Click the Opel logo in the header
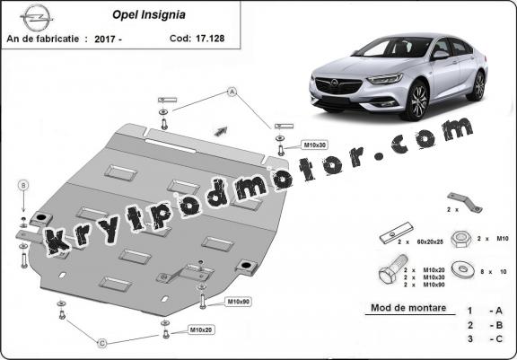pyautogui.click(x=37, y=18)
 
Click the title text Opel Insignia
pyautogui.click(x=149, y=15)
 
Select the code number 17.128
pyautogui.click(x=210, y=39)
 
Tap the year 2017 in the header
pyautogui.click(x=104, y=39)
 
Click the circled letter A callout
pyautogui.click(x=232, y=92)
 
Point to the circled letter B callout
pyautogui.click(x=23, y=185)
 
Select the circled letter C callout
pyautogui.click(x=102, y=343)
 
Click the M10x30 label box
pyautogui.click(x=314, y=145)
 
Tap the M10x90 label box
pyautogui.click(x=238, y=302)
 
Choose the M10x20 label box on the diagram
pyautogui.click(x=201, y=329)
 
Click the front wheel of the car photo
pyautogui.click(x=418, y=101)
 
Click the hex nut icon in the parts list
pyautogui.click(x=461, y=239)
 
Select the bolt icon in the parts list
pyautogui.click(x=393, y=268)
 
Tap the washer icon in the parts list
pyautogui.click(x=463, y=270)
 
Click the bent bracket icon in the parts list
pyautogui.click(x=465, y=202)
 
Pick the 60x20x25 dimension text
pyautogui.click(x=430, y=241)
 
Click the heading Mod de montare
pyautogui.click(x=408, y=308)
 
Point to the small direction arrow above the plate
pyautogui.click(x=221, y=131)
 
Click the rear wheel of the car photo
pyautogui.click(x=478, y=85)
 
